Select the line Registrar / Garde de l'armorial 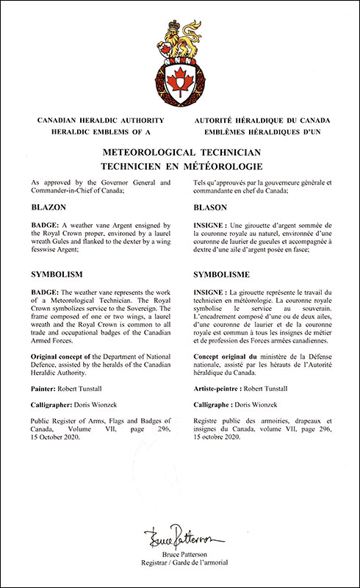(180, 563)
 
